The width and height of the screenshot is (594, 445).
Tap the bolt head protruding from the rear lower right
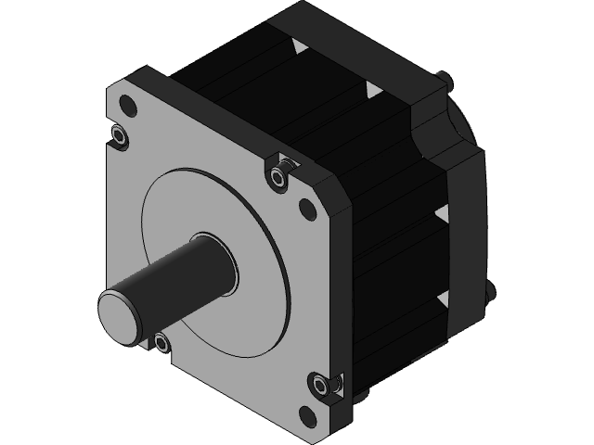point(490,293)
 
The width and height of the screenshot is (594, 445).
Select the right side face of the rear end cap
point(464,232)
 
